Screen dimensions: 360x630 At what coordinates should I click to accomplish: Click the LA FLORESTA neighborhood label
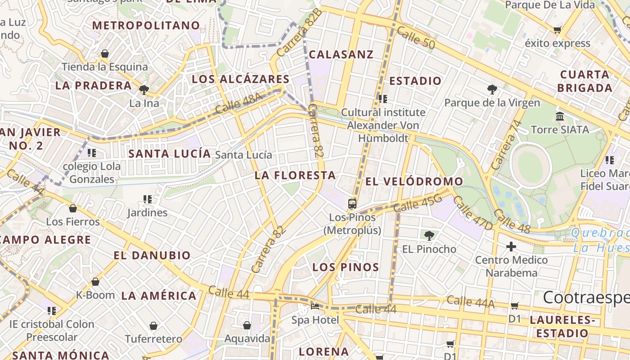click(295, 175)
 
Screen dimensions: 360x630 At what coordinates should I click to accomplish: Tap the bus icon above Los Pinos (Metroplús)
click(352, 204)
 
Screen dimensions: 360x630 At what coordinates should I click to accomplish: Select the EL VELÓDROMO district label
click(414, 181)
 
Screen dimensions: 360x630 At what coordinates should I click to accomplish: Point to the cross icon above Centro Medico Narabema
click(511, 247)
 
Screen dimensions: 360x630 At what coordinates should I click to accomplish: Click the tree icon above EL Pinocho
click(429, 235)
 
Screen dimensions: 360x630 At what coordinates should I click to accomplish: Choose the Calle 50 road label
click(416, 37)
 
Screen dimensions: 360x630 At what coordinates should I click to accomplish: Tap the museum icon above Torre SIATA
click(560, 117)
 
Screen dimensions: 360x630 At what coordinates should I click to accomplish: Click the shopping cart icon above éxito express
click(558, 30)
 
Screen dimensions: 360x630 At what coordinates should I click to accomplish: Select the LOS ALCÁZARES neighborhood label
click(240, 79)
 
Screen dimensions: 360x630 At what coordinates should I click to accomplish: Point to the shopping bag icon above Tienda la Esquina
click(105, 54)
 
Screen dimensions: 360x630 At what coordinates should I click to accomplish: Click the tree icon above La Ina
click(144, 90)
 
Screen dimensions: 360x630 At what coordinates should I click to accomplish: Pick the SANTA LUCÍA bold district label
click(170, 153)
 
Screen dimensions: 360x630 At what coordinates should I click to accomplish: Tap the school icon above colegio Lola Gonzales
click(92, 153)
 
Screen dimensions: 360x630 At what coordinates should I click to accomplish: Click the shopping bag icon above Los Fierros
click(73, 208)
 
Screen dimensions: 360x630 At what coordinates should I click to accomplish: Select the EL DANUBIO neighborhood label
click(152, 256)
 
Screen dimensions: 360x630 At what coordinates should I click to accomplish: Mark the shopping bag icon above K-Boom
click(95, 282)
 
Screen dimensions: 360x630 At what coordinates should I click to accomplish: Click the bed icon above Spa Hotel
click(315, 307)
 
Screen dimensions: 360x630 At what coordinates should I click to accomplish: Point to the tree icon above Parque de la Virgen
click(492, 90)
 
